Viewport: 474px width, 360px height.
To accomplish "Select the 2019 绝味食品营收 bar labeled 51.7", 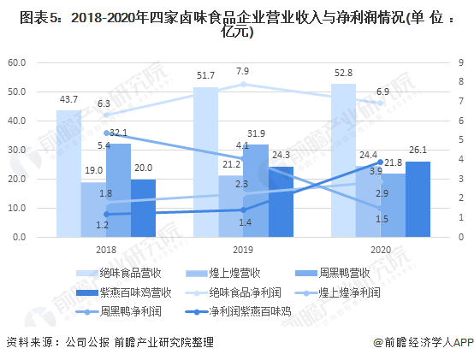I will click(x=205, y=162).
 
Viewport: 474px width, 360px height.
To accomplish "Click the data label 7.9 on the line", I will click(x=243, y=71).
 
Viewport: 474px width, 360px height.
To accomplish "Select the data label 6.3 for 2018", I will click(x=104, y=103).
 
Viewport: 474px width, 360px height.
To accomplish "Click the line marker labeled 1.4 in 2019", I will click(x=243, y=210).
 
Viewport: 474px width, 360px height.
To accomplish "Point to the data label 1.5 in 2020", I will click(x=382, y=219).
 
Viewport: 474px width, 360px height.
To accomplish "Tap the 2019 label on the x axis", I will click(x=243, y=249).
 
